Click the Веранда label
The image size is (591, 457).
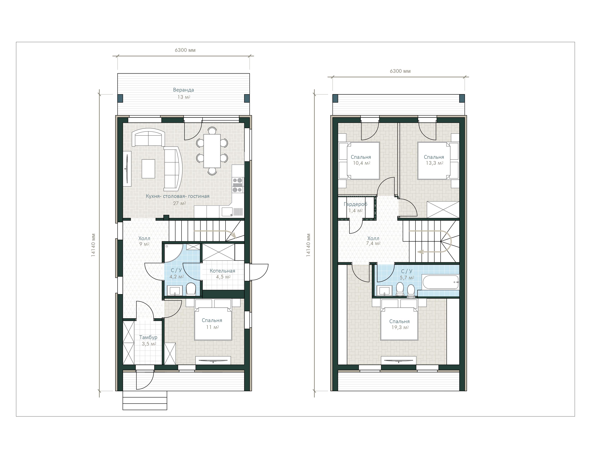[x=183, y=90]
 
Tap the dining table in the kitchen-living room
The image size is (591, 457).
[x=212, y=151]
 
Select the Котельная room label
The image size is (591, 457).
[x=222, y=271]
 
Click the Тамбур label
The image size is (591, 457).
[x=148, y=337]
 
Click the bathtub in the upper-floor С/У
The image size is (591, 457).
[x=441, y=282]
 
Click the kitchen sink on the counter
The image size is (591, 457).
[x=227, y=212]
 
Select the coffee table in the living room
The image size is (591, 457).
[x=148, y=169]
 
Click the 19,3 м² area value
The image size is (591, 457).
[x=400, y=327]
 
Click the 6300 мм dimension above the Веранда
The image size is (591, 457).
[x=185, y=50]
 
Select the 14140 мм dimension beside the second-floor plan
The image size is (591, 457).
[x=309, y=245]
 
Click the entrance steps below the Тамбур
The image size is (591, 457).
[x=145, y=400]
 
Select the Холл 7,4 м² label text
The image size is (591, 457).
[x=373, y=241]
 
